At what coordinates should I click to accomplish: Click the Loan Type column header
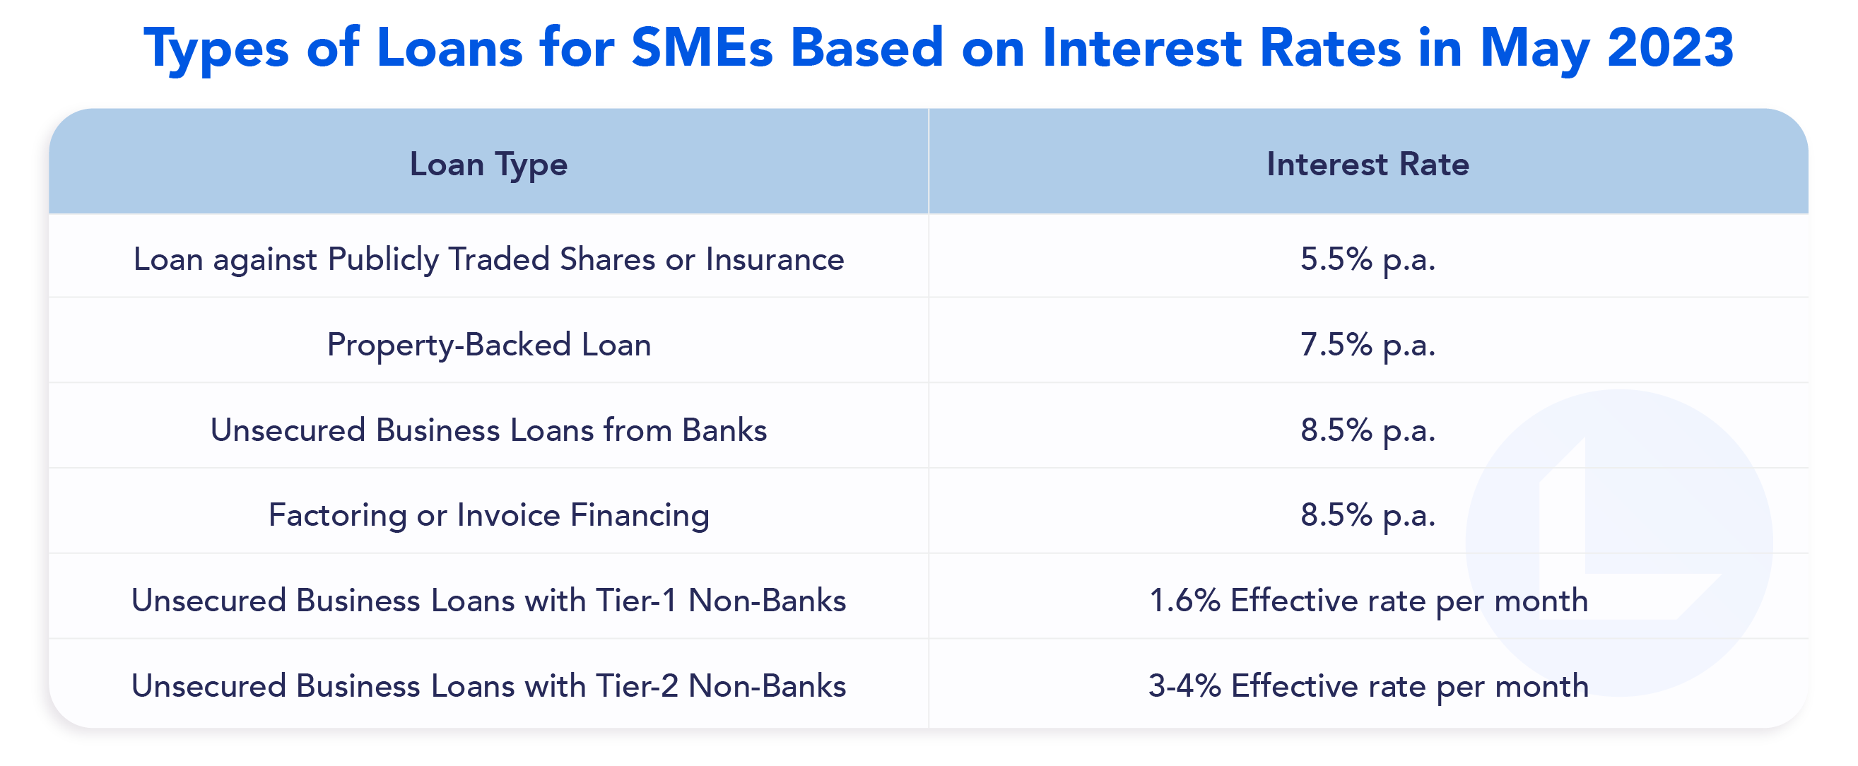coord(488,165)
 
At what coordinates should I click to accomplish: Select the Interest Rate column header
coord(1368,165)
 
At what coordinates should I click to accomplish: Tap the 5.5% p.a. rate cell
coord(1368,259)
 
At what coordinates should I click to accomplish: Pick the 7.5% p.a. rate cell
coord(1368,344)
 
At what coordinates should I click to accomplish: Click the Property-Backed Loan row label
coord(488,344)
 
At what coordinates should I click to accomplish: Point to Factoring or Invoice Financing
coord(488,515)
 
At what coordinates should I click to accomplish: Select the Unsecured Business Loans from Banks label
coord(488,430)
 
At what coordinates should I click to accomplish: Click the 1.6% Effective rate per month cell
coord(1368,600)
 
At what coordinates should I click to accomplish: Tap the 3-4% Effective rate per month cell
coord(1368,685)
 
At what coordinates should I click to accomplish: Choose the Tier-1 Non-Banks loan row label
coord(488,600)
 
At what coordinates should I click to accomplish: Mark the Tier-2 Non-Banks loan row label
coord(488,685)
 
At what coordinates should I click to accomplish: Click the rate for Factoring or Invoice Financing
coord(1368,515)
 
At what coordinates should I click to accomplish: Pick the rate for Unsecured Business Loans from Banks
coord(1368,430)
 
